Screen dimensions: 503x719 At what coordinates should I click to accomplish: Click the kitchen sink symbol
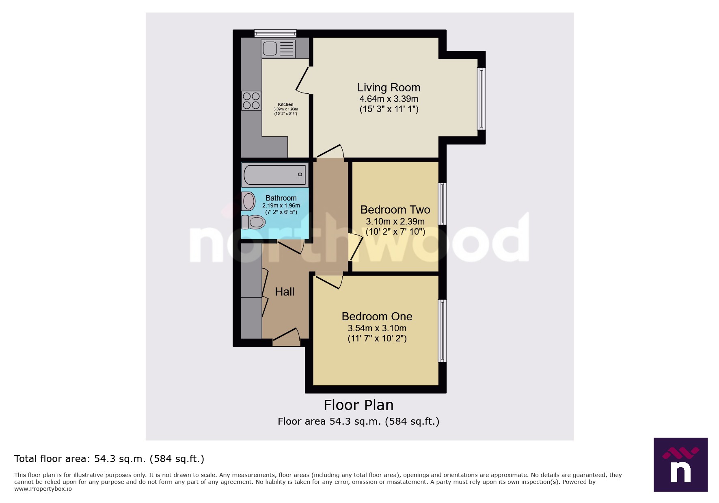[278, 49]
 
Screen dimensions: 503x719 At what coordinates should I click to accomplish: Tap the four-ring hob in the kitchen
[251, 101]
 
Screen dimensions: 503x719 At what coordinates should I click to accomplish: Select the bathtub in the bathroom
[275, 175]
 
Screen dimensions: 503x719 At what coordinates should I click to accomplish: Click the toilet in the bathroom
[254, 222]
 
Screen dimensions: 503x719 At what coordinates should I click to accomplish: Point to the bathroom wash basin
[248, 201]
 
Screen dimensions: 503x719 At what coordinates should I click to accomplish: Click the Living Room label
[389, 88]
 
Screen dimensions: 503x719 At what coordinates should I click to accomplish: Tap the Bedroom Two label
[395, 210]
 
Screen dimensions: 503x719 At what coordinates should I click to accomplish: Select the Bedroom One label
[377, 317]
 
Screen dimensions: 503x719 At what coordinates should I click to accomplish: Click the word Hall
[285, 292]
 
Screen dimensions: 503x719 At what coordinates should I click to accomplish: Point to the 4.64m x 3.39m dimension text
[389, 99]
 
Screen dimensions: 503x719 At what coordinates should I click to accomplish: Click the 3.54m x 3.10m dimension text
[377, 328]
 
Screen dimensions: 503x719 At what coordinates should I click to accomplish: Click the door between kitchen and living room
[302, 79]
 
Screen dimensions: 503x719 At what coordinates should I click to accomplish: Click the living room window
[481, 99]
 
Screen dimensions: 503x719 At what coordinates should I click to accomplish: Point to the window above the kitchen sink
[275, 33]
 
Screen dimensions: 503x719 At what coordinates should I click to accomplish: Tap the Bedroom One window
[443, 330]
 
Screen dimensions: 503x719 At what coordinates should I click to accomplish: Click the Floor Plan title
[358, 405]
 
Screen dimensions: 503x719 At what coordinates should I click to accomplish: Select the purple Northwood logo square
[680, 464]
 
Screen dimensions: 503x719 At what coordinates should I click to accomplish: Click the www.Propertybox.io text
[43, 489]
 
